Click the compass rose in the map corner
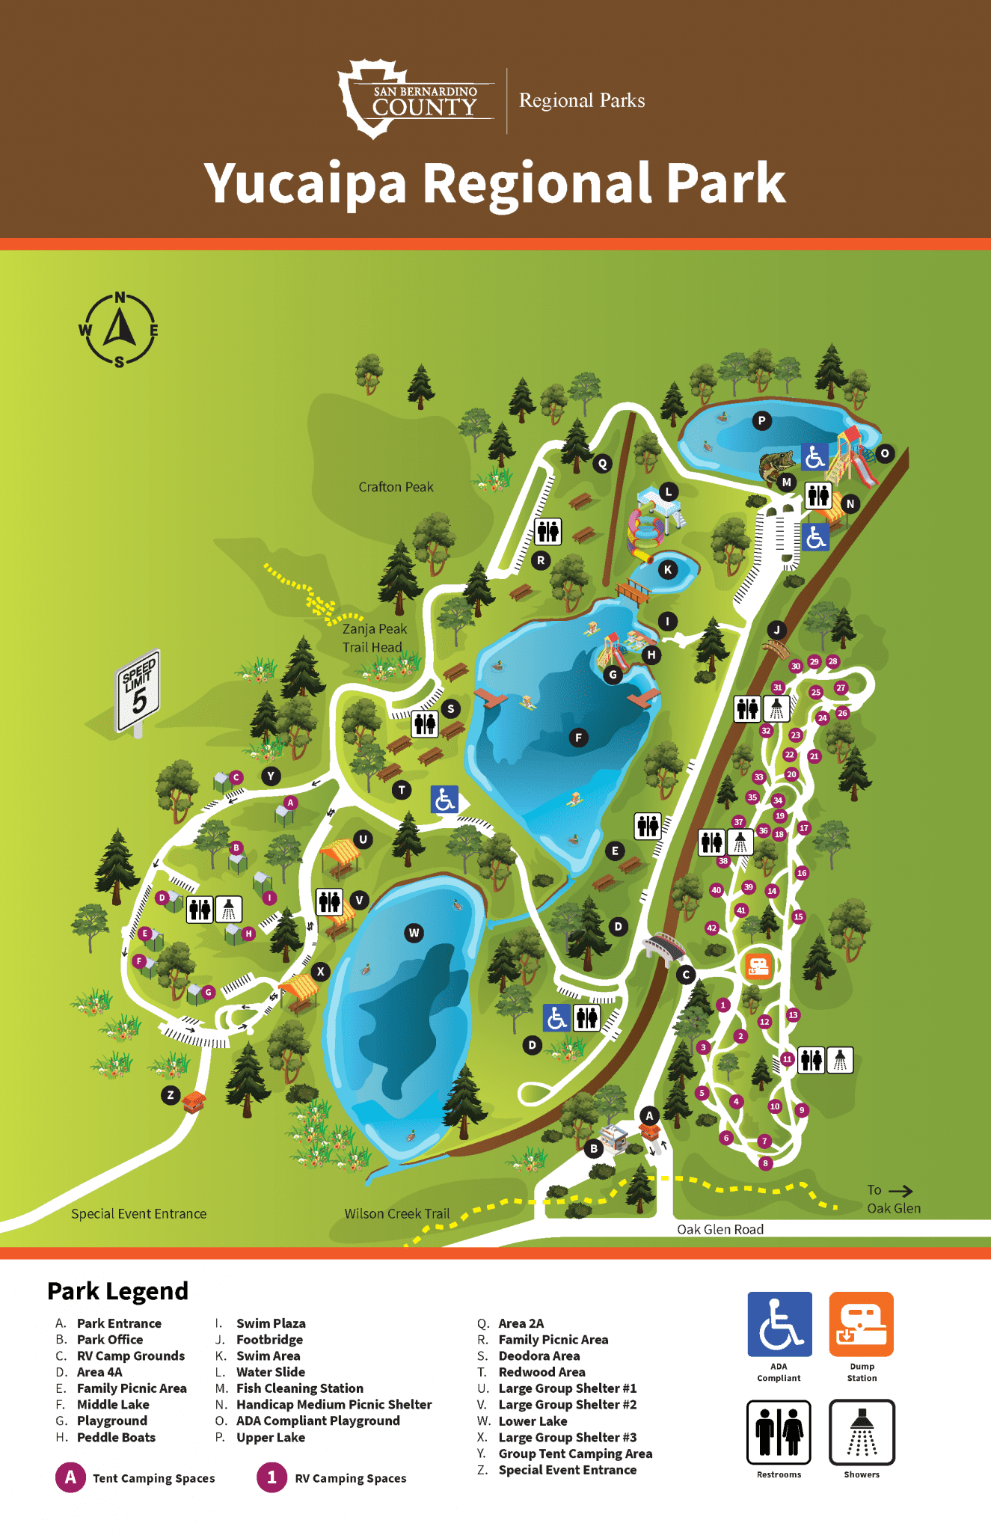tap(119, 330)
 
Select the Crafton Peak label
tap(396, 487)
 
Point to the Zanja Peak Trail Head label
tap(374, 638)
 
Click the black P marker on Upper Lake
tap(761, 420)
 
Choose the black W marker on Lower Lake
tap(414, 932)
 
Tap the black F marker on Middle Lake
tap(577, 738)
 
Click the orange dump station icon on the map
tap(758, 966)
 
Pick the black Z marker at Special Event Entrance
tap(171, 1095)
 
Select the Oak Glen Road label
tap(720, 1229)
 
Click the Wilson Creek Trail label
tap(396, 1213)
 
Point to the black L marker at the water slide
tap(669, 491)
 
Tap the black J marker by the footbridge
tap(776, 630)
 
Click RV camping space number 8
tap(764, 1163)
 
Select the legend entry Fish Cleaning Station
tap(299, 1388)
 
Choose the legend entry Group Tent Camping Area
tap(574, 1453)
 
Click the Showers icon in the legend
tap(862, 1432)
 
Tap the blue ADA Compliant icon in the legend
tap(779, 1324)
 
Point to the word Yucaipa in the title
tap(305, 183)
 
